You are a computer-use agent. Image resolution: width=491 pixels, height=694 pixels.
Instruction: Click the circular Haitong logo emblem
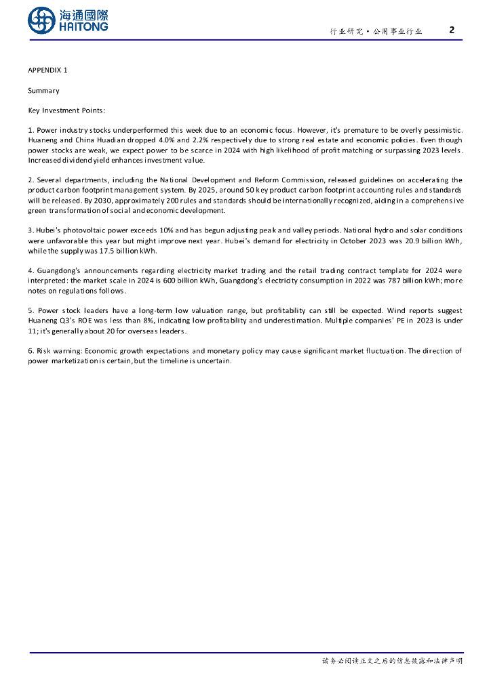pos(42,20)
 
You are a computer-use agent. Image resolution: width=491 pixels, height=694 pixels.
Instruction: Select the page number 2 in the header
pos(452,30)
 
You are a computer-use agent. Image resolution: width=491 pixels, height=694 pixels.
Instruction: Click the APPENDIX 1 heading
pos(47,70)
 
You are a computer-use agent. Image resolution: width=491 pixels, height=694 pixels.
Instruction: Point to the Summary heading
pos(43,90)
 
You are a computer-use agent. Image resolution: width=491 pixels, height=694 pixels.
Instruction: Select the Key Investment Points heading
pos(66,110)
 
